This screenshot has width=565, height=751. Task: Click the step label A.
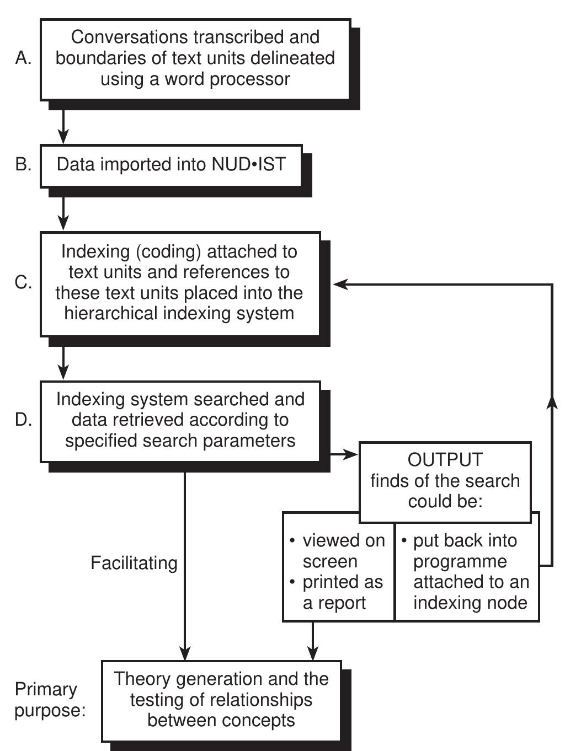click(23, 58)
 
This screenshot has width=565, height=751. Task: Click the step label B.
click(23, 164)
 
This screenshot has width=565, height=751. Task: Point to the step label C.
click(23, 282)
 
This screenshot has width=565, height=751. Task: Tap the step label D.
click(23, 420)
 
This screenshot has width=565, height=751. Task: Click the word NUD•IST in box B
click(248, 164)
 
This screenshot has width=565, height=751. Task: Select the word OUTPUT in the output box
click(445, 459)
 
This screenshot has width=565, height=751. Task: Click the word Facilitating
click(134, 563)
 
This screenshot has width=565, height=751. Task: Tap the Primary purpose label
click(50, 700)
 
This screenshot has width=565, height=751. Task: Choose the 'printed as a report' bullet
click(342, 592)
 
